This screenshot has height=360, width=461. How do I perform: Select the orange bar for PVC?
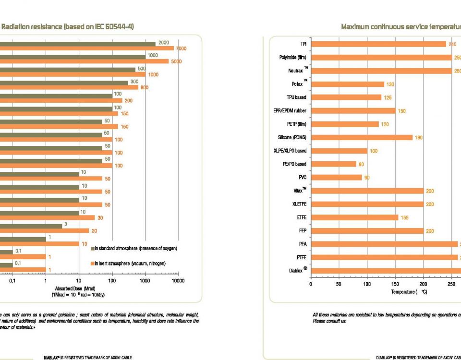[x=336, y=177]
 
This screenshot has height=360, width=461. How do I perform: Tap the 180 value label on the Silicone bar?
[x=418, y=138]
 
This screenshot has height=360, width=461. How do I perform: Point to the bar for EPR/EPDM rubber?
[x=353, y=111]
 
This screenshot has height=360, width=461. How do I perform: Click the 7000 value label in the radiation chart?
[x=181, y=48]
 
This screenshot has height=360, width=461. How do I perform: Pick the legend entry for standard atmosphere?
[x=134, y=249]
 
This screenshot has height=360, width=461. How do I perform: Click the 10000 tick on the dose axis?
[x=178, y=281]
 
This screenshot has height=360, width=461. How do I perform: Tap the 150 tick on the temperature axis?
[x=395, y=284]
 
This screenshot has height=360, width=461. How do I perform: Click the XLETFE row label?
[x=299, y=204]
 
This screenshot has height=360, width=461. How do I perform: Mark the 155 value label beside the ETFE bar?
[x=405, y=217]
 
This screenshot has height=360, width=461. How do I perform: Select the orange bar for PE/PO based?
[x=333, y=164]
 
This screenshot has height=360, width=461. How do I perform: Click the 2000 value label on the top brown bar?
[x=164, y=43]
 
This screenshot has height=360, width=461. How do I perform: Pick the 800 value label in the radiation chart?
[x=144, y=87]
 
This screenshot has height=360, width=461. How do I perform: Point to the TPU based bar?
[x=346, y=97]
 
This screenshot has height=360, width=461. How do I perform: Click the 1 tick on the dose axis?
[x=45, y=281]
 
